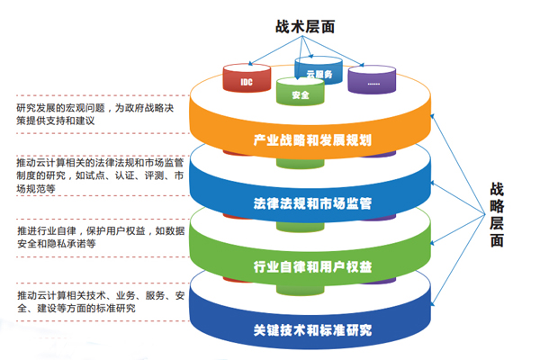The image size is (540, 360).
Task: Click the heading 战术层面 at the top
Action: [305, 26]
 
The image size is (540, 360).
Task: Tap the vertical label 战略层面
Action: [497, 214]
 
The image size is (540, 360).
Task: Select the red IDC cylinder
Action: [247, 78]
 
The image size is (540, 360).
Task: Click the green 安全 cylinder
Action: [301, 91]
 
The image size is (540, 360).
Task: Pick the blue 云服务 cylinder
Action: [319, 69]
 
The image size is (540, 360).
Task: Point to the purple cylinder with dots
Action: [372, 79]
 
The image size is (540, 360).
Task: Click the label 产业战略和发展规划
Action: [312, 140]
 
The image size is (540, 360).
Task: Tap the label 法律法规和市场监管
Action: [312, 203]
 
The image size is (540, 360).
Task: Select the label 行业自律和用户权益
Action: [312, 266]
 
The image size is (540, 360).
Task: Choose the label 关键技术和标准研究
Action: [312, 330]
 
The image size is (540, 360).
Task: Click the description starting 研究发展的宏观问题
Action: [95, 114]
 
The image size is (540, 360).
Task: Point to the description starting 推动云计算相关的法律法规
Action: [100, 175]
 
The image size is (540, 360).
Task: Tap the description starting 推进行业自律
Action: [101, 237]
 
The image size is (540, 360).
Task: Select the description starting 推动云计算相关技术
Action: [101, 301]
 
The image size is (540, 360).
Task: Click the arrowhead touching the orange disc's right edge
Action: [432, 116]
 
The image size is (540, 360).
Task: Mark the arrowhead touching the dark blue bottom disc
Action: [433, 303]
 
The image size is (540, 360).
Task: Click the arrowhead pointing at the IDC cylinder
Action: [250, 63]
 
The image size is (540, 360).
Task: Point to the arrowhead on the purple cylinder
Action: [361, 65]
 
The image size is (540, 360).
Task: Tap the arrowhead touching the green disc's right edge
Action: [432, 243]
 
